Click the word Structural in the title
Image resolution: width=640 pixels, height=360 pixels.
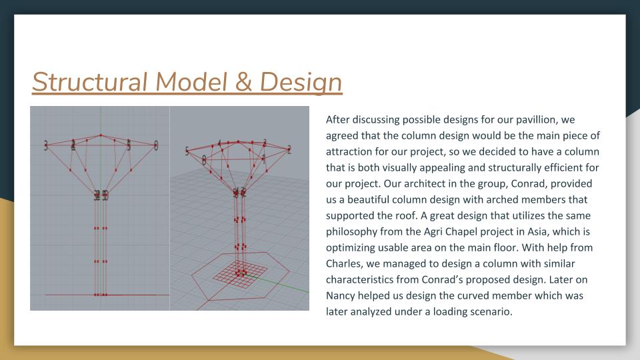click(x=89, y=81)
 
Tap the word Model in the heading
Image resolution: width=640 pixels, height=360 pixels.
click(x=191, y=81)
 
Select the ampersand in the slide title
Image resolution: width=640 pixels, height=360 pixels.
click(x=243, y=81)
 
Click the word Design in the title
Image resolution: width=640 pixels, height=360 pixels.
click(x=301, y=83)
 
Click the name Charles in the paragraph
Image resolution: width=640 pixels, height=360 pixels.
click(x=344, y=264)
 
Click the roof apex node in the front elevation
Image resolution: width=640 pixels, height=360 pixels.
click(x=101, y=135)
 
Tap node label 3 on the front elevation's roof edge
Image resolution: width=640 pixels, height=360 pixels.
click(x=46, y=145)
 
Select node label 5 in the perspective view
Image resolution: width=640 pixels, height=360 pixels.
click(x=187, y=151)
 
